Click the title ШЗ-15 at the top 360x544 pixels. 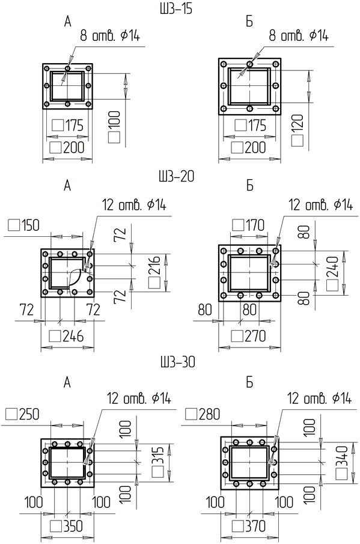pyautogui.click(x=176, y=8)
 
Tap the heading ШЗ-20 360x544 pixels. pyautogui.click(x=177, y=176)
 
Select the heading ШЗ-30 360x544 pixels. pyautogui.click(x=178, y=362)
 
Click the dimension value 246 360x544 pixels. pyautogui.click(x=73, y=336)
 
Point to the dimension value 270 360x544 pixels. pyautogui.click(x=255, y=336)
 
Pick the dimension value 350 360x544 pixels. pyautogui.click(x=72, y=527)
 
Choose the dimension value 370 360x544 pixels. pyautogui.click(x=255, y=527)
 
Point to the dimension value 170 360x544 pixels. pyautogui.click(x=255, y=225)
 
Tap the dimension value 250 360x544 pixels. pyautogui.click(x=29, y=414)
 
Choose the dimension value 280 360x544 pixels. pyautogui.click(x=210, y=414)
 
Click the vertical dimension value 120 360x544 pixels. pyautogui.click(x=297, y=123)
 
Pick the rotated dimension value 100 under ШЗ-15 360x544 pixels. pyautogui.click(x=114, y=120)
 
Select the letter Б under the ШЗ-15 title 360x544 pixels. pyautogui.click(x=249, y=22)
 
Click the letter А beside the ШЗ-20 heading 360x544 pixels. pyautogui.click(x=67, y=186)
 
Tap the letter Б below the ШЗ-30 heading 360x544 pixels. pyautogui.click(x=249, y=382)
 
